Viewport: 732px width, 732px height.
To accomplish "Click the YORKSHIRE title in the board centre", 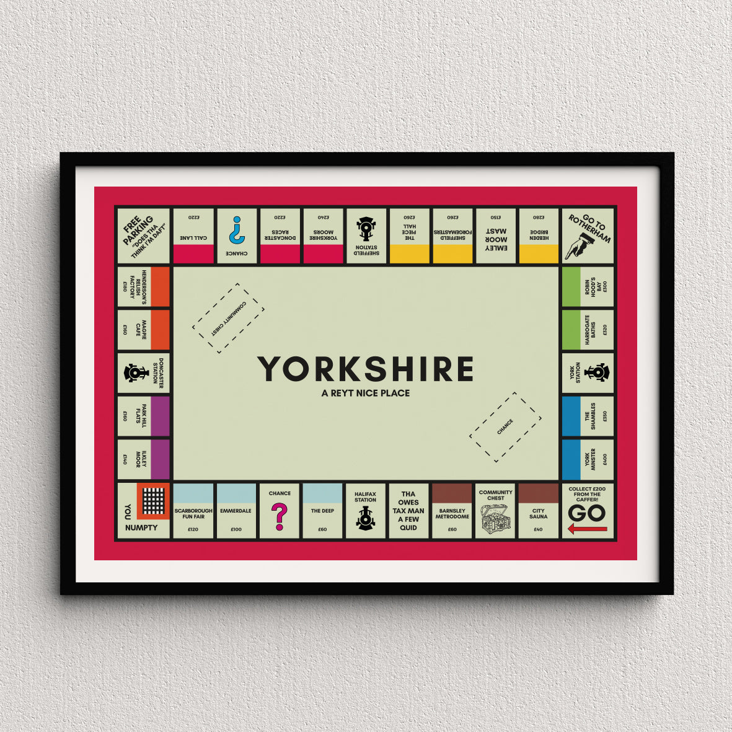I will (x=366, y=369).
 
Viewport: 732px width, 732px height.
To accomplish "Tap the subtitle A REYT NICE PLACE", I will (x=366, y=393).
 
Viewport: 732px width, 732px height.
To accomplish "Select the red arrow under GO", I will (x=587, y=529).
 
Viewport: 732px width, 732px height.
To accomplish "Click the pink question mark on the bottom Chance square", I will (x=280, y=516).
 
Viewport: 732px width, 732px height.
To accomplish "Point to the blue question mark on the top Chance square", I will (x=236, y=230).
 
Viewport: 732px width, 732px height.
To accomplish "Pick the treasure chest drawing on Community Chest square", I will (x=496, y=519).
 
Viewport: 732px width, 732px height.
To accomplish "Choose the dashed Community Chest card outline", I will (x=228, y=319).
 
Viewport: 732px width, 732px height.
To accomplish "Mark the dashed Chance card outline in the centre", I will (x=505, y=427).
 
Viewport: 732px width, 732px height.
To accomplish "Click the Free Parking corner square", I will (x=143, y=236).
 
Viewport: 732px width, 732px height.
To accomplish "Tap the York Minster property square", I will (x=588, y=460).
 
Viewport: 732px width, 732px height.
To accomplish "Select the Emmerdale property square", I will (x=236, y=511).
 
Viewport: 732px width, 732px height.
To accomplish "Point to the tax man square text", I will (x=408, y=511).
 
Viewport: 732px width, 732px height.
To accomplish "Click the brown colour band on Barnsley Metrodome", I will (x=452, y=493).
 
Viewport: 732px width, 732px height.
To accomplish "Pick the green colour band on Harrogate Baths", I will (x=571, y=330).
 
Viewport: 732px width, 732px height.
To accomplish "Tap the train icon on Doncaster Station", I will (x=134, y=373).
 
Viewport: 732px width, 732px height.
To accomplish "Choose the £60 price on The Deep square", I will (x=322, y=530).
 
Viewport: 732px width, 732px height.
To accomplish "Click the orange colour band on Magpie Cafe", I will (x=160, y=330).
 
